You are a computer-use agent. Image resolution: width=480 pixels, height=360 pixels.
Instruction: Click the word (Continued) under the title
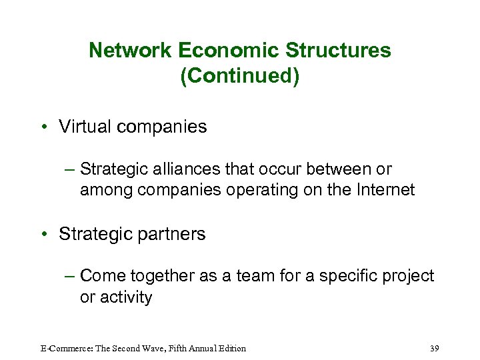point(240,76)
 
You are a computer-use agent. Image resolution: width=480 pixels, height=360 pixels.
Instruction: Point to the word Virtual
point(81,127)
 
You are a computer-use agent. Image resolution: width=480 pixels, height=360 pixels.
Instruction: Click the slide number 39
point(435,348)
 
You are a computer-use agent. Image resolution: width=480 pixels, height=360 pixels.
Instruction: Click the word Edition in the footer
point(231,348)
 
